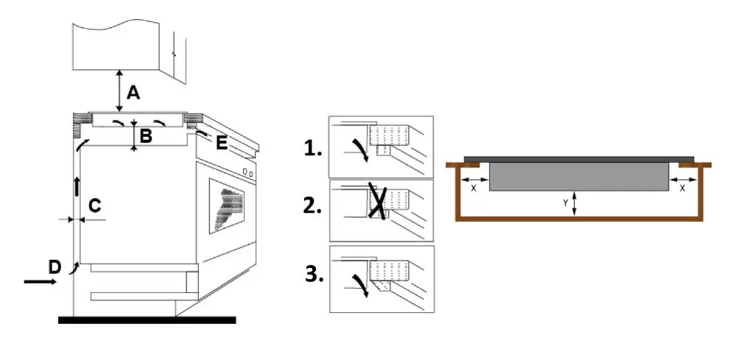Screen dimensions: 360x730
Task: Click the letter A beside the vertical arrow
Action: coord(133,92)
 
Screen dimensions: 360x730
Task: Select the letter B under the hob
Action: coord(146,135)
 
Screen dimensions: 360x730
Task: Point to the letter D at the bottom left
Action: coord(54,267)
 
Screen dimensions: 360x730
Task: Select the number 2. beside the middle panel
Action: coord(312,205)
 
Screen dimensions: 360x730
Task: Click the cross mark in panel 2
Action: coord(378,200)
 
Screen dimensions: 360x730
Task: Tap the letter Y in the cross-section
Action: coord(565,201)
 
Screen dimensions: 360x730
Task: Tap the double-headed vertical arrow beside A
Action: coord(119,92)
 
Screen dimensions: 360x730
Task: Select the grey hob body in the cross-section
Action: coord(578,176)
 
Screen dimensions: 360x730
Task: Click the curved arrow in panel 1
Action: coord(359,147)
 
